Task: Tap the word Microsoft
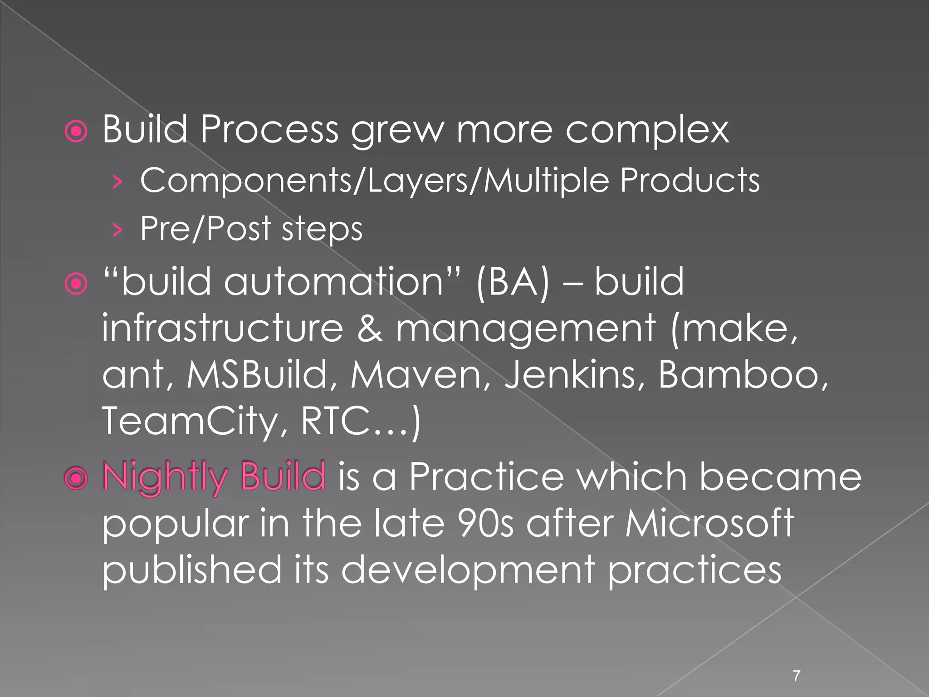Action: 709,524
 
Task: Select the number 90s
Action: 485,524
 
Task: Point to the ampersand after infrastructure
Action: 369,329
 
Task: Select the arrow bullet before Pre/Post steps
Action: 117,230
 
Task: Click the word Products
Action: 689,181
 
